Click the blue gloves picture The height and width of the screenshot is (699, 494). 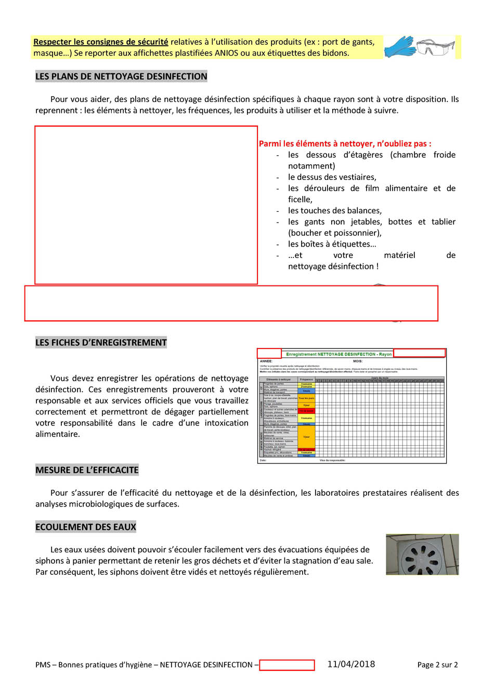[399, 47]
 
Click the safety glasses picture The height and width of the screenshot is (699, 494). [436, 47]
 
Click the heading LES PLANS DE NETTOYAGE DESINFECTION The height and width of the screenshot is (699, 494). [121, 76]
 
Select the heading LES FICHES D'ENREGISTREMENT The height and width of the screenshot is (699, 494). [101, 343]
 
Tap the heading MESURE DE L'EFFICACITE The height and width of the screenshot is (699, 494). [87, 470]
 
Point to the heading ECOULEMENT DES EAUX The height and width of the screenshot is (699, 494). [86, 527]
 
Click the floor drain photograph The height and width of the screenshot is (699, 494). [422, 554]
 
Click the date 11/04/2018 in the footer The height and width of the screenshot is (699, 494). [351, 664]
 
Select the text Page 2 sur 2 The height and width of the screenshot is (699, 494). [437, 665]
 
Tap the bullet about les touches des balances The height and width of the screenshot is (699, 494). [335, 211]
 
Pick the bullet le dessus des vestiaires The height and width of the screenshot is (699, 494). [332, 177]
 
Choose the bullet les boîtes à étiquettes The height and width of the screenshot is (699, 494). [332, 244]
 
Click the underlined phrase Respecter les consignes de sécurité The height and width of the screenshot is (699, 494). [101, 42]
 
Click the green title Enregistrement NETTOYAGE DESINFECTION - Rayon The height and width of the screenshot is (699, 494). [339, 354]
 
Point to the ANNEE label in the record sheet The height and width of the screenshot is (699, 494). [266, 361]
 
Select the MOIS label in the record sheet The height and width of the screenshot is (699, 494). [357, 361]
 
